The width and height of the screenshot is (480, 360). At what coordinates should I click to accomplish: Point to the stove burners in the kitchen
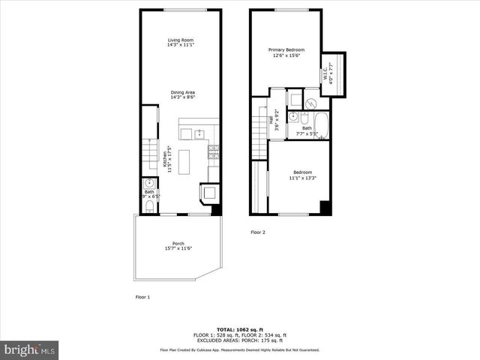[x=214, y=153]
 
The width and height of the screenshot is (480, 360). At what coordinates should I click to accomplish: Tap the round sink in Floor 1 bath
[x=149, y=184]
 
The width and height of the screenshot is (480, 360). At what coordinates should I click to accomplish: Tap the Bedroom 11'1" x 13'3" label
[x=302, y=175]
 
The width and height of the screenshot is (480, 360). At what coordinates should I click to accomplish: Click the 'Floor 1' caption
[x=142, y=297]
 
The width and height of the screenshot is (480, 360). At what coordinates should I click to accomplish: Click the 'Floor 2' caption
[x=258, y=232]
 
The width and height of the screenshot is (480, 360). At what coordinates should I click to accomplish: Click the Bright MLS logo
[x=30, y=349]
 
